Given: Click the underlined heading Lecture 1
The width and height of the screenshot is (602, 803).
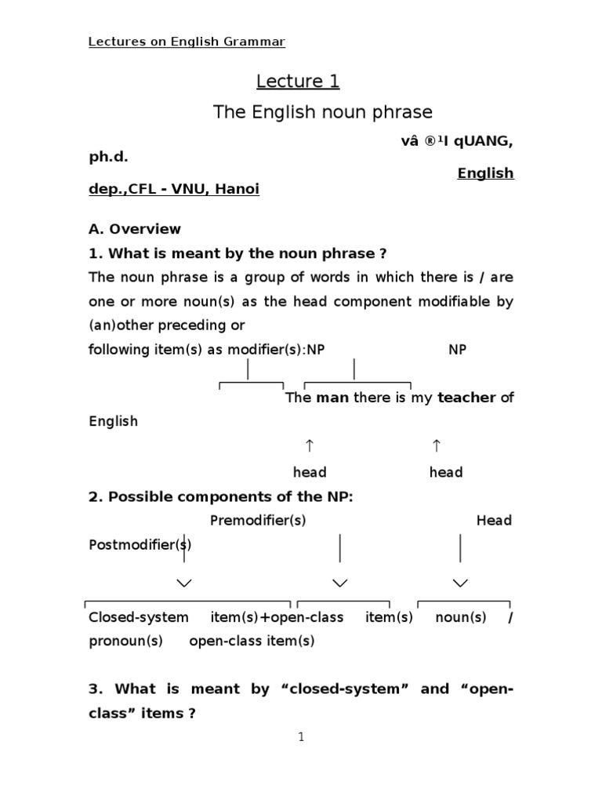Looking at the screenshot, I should pyautogui.click(x=298, y=82).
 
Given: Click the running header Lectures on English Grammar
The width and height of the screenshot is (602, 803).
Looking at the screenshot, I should pyautogui.click(x=187, y=42).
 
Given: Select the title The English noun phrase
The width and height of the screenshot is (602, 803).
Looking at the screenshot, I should pyautogui.click(x=322, y=112).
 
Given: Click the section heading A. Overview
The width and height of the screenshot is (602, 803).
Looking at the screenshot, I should pyautogui.click(x=135, y=229).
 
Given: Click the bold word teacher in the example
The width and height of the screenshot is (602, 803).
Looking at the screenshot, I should pyautogui.click(x=466, y=398).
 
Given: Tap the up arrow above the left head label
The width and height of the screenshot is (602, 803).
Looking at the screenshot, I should pyautogui.click(x=310, y=446).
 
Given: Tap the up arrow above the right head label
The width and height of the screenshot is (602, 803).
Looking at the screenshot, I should pyautogui.click(x=437, y=446).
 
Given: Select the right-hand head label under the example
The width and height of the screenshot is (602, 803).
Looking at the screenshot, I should pyautogui.click(x=446, y=472).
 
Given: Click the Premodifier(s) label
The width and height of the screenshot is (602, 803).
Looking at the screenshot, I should pyautogui.click(x=258, y=521).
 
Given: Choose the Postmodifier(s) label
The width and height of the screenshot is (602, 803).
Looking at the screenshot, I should pyautogui.click(x=140, y=544).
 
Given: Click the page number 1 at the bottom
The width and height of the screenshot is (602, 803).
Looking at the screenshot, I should pyautogui.click(x=301, y=737).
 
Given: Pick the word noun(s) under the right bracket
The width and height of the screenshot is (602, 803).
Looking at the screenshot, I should pyautogui.click(x=461, y=617).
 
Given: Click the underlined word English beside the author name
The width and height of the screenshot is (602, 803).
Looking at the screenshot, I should pyautogui.click(x=486, y=173).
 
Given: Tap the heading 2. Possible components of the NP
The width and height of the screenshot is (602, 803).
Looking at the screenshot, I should pyautogui.click(x=221, y=496).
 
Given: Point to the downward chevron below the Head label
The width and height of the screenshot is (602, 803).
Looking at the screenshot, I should pyautogui.click(x=460, y=583).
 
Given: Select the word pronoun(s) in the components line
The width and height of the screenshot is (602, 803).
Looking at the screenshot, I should pyautogui.click(x=125, y=641).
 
